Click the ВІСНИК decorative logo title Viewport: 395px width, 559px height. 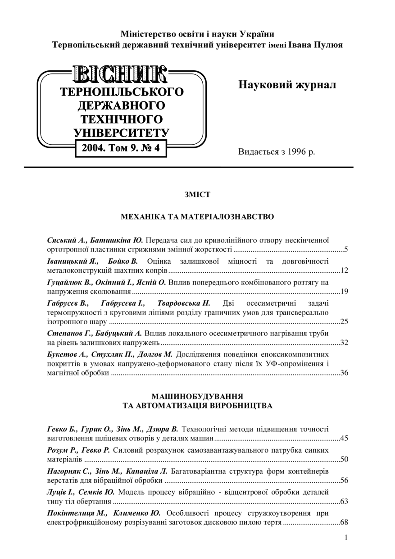click(121, 74)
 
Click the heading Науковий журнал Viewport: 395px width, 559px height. click(287, 84)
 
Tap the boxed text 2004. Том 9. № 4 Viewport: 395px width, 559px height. click(121, 147)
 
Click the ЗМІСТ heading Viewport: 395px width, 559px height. click(197, 195)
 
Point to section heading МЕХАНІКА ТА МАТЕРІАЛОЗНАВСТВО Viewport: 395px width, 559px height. click(197, 217)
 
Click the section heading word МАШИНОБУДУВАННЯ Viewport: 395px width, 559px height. click(197, 396)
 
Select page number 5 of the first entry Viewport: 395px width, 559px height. click(345, 249)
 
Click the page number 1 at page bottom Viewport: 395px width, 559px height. click(346, 537)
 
